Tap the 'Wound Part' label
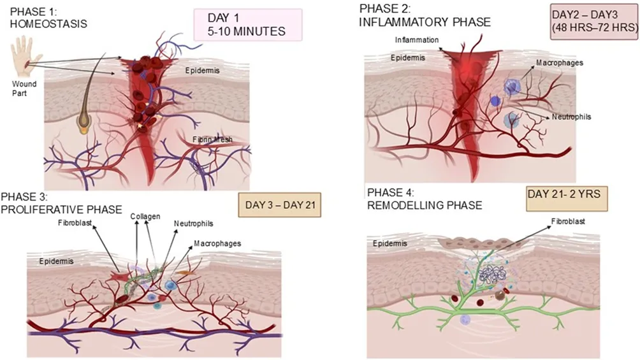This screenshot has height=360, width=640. click(24, 88)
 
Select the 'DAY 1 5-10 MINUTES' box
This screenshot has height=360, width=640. click(248, 25)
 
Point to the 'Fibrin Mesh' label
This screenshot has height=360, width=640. click(212, 140)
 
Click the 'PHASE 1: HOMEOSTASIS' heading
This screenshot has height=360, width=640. click(48, 18)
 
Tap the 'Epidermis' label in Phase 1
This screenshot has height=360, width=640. click(203, 71)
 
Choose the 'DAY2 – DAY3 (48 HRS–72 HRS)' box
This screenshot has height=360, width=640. click(594, 22)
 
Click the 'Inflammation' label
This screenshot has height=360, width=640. click(417, 40)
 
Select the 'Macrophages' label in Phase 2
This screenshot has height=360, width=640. click(559, 63)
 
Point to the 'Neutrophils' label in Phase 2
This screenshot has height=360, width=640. click(571, 117)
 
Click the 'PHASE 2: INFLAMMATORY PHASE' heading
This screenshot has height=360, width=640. click(425, 15)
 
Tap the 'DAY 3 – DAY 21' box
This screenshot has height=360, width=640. click(280, 205)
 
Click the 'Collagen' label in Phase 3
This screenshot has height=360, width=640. click(145, 217)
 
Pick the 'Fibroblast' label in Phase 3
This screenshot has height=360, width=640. click(75, 223)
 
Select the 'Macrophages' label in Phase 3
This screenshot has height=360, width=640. click(217, 243)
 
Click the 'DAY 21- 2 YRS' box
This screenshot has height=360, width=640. click(567, 199)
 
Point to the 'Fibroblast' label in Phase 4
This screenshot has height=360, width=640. click(568, 221)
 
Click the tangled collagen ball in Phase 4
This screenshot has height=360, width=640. click(492, 275)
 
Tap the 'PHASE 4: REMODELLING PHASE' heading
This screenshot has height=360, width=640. click(425, 199)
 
